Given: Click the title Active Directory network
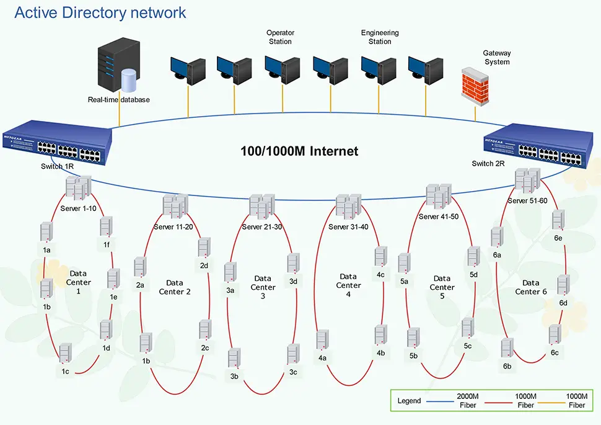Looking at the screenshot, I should tap(100, 12).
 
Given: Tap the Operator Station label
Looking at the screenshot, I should tap(280, 37).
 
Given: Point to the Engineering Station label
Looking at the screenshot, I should tap(380, 37).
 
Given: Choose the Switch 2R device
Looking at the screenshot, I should tap(534, 145).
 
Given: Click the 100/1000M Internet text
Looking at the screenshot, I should tap(299, 151).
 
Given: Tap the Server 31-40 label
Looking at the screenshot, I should tap(348, 226).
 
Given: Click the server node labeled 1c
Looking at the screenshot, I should tap(65, 352).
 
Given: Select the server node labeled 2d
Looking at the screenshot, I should tap(204, 248).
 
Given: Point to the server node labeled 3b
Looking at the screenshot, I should tap(234, 359).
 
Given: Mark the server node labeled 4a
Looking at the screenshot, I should tap(322, 341).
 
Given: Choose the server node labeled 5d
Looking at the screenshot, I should tap(473, 256).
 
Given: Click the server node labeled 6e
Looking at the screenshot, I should tap(558, 220).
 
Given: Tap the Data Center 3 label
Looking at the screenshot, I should tap(263, 287).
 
